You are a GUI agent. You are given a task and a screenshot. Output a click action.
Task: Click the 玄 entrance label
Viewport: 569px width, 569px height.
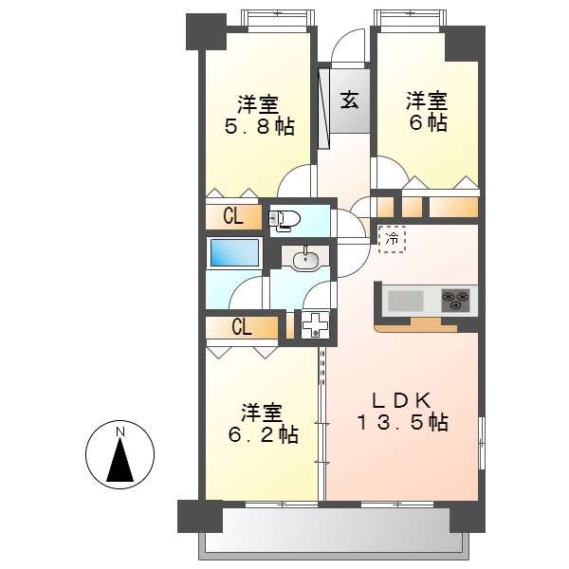tap(349, 99)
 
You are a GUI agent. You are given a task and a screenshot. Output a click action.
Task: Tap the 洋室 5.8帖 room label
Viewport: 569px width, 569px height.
tap(259, 115)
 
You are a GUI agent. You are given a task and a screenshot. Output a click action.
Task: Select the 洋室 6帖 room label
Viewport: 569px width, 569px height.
tap(427, 112)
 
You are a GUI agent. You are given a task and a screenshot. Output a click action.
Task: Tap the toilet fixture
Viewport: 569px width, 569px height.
tap(285, 220)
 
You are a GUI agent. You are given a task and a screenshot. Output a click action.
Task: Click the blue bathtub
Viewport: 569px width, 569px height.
tap(233, 253)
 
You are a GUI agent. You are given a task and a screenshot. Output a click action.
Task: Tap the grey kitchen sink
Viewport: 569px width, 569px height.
tap(406, 301)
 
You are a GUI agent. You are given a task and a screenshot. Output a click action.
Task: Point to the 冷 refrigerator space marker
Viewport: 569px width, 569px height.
tap(392, 239)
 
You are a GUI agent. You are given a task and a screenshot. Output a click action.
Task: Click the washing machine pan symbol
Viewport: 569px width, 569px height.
tap(313, 326)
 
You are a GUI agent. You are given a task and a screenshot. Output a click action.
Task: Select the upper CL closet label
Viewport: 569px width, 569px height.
tap(233, 216)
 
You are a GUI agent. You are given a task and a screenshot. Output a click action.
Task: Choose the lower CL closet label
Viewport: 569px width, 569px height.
tap(242, 328)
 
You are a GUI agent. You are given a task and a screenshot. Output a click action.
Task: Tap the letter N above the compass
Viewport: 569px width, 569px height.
tap(120, 433)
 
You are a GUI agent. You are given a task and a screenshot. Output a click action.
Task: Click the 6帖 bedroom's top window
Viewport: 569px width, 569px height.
tap(409, 18)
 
